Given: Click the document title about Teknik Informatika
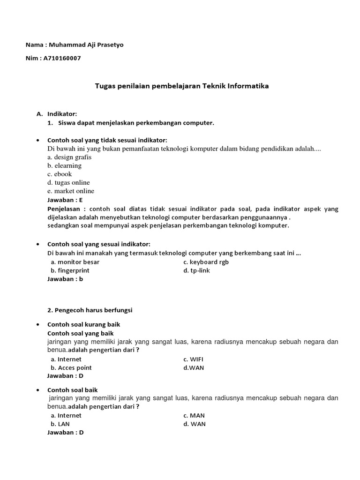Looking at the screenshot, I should [182, 86].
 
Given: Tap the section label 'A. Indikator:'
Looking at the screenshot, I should [57, 114].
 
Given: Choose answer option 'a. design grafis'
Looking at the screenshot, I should [69, 157].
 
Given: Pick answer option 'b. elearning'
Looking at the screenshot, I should [64, 165].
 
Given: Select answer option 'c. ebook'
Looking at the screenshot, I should [60, 174].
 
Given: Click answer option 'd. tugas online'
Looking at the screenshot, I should [68, 182].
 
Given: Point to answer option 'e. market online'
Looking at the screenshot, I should [70, 191].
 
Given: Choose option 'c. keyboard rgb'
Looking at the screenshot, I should [206, 262].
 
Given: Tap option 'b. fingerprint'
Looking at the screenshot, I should [70, 270].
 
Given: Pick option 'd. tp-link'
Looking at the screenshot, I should [196, 270].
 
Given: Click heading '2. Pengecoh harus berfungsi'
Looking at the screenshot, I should [90, 310].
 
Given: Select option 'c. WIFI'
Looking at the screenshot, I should [194, 359].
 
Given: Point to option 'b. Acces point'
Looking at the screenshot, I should [71, 367].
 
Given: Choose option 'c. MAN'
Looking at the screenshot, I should [194, 415].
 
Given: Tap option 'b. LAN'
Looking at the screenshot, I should [60, 424].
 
